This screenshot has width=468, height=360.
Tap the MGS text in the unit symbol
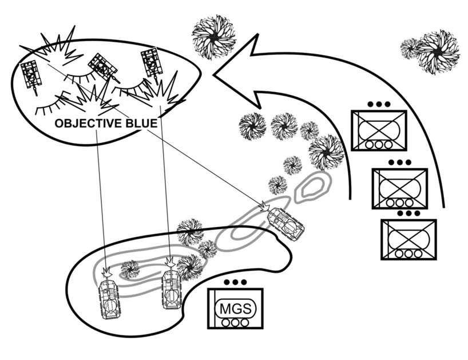point(236,309)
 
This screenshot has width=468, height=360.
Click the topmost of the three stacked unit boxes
point(379,130)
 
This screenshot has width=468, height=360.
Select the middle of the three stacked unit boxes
point(399,188)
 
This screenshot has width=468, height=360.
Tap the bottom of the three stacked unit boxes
point(408,239)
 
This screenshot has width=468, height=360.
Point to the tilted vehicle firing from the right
point(285,223)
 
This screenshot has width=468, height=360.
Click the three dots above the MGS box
point(235,282)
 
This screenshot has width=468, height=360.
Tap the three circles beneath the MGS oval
point(236,322)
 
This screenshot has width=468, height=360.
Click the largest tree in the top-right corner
point(438,52)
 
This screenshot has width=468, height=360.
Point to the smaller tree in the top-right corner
point(410,48)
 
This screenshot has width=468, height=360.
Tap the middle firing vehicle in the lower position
point(171,288)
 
